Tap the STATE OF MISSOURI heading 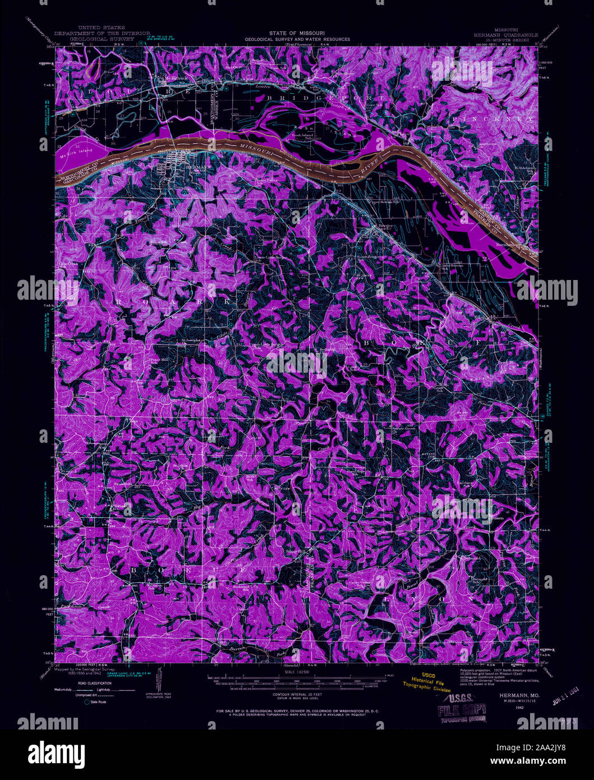(297, 33)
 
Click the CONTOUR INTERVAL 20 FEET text (297, 694)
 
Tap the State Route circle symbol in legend (86, 701)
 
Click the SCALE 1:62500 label (297, 672)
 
